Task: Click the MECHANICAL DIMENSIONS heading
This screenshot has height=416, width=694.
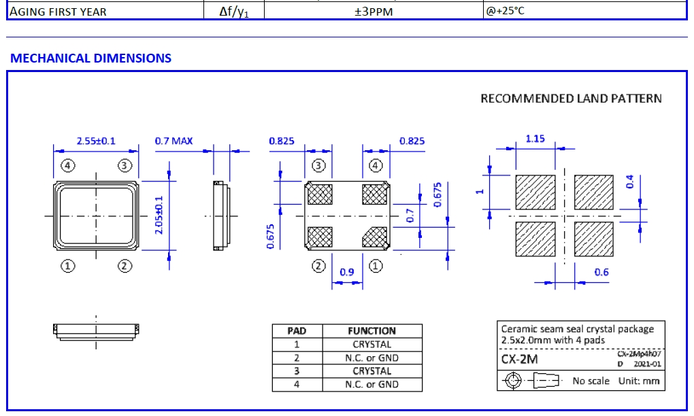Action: click(x=90, y=58)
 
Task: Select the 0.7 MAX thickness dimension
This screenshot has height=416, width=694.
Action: click(x=173, y=141)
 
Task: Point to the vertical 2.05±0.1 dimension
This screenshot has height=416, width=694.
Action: click(x=160, y=215)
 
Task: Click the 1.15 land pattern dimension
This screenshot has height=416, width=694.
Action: click(x=535, y=139)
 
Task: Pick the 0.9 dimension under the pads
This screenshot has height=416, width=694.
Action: click(x=346, y=272)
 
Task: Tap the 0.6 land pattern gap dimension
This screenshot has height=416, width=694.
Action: click(x=601, y=273)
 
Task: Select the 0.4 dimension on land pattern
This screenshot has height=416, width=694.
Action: click(x=629, y=182)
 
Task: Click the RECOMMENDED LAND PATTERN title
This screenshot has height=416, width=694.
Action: click(x=571, y=99)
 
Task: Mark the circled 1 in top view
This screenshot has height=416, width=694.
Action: click(x=67, y=266)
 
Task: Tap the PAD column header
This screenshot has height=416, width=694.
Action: click(x=297, y=331)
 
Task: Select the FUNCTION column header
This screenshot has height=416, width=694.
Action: click(x=371, y=331)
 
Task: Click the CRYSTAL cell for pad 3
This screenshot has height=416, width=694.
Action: click(x=371, y=371)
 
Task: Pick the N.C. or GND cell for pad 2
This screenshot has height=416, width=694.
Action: click(x=371, y=358)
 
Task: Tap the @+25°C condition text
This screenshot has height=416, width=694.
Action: click(x=504, y=12)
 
